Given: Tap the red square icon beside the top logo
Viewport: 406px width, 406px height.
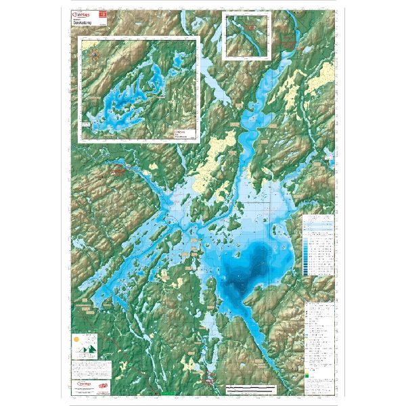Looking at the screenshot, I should [x=104, y=14].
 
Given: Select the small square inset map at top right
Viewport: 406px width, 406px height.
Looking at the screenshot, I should [x=246, y=38].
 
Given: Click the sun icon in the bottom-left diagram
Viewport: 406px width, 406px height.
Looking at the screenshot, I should [x=76, y=338].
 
